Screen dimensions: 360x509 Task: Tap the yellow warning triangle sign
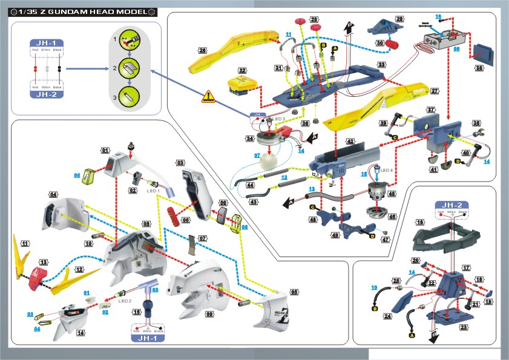click(x=208, y=97)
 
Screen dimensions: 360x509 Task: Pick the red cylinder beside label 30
click(x=393, y=43)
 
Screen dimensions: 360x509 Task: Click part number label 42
click(x=350, y=142)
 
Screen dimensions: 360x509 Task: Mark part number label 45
click(x=392, y=195)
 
